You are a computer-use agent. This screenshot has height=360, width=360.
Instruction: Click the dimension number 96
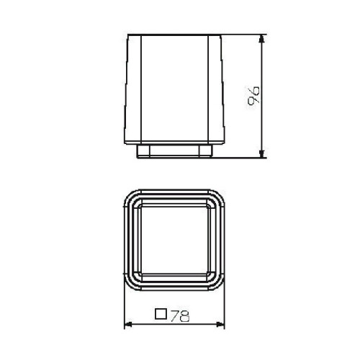[x=253, y=95]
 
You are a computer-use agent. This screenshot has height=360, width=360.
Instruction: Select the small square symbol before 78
[x=162, y=314]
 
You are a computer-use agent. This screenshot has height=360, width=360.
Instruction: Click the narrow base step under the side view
[x=176, y=152]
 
